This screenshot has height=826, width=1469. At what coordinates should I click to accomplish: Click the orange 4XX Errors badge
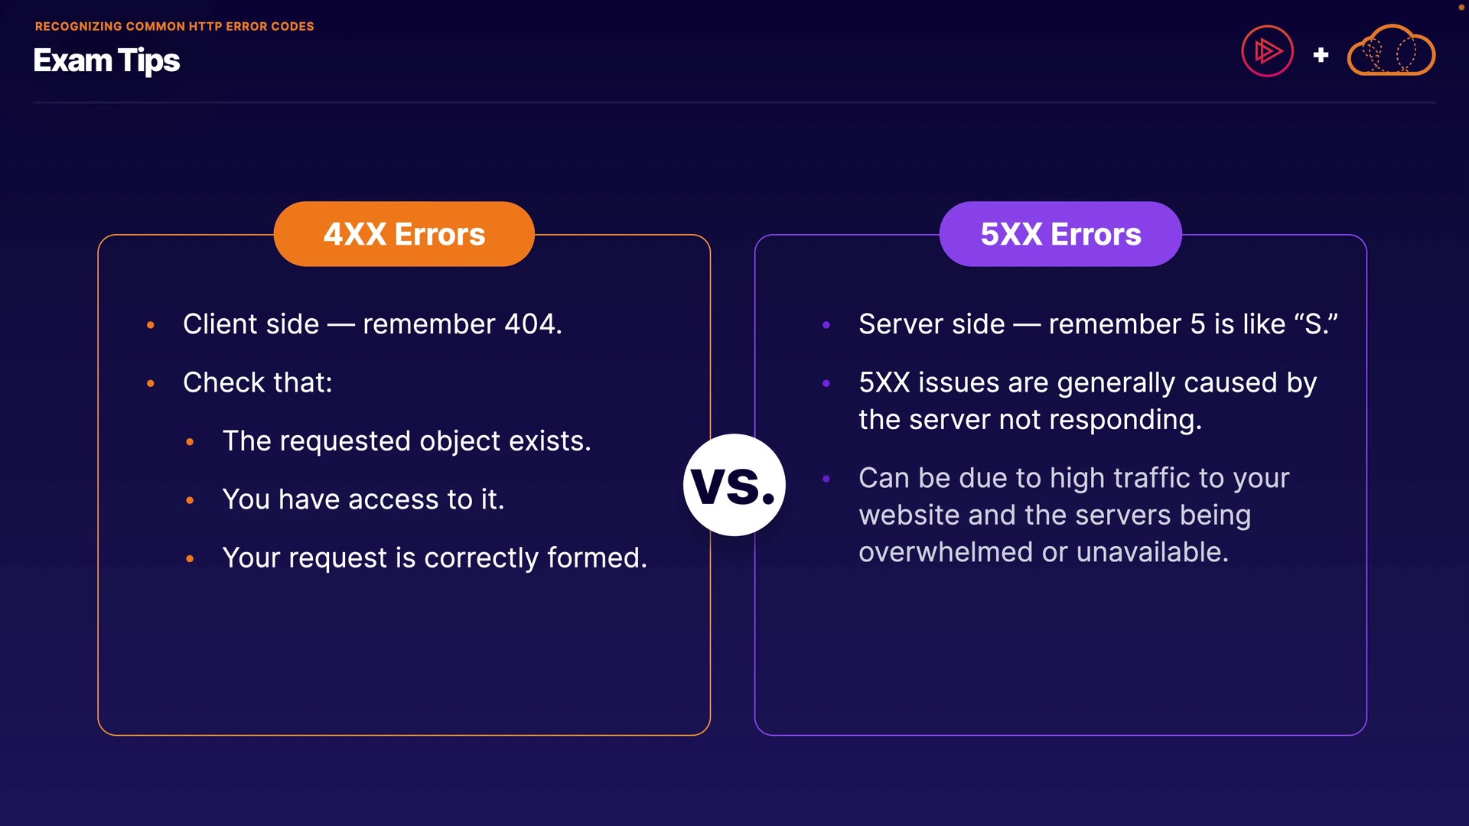[x=404, y=234]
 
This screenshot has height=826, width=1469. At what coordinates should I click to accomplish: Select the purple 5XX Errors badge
[x=1060, y=234]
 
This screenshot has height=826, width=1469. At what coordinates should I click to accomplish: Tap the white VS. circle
[x=734, y=485]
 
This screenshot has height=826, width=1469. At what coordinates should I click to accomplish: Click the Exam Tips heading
[x=106, y=60]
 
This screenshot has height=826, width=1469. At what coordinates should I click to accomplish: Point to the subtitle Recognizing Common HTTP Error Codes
[x=174, y=26]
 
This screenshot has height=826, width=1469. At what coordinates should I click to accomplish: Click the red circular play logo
[x=1267, y=52]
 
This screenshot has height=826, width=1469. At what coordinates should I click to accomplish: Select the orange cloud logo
[x=1391, y=51]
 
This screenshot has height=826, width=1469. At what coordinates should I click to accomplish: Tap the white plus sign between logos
[x=1321, y=55]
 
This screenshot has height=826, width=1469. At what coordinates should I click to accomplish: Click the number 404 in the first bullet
[x=533, y=324]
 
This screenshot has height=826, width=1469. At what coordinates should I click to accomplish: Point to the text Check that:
[x=258, y=382]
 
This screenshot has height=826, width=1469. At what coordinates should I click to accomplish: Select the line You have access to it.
[x=363, y=499]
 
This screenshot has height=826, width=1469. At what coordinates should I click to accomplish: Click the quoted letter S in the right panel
[x=1317, y=324]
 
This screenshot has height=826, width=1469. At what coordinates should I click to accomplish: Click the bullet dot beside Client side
[x=151, y=325]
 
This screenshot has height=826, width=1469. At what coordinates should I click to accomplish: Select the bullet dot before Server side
[x=826, y=325]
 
